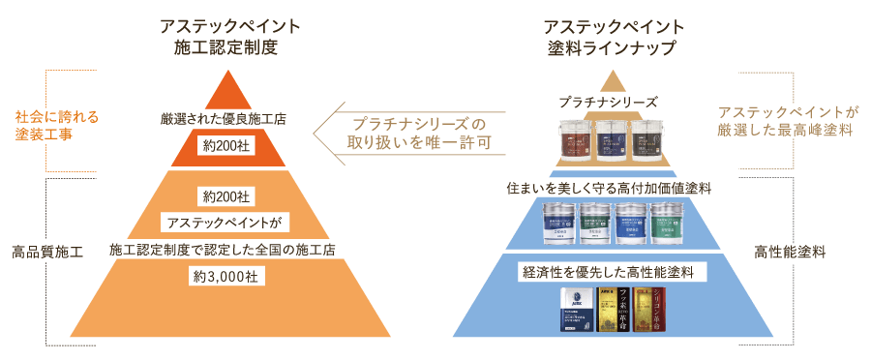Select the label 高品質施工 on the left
47,252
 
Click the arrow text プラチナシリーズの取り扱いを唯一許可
418,133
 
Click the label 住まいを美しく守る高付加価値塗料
609,188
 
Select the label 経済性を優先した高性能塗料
610,270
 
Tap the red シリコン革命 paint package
648,310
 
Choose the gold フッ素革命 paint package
614,310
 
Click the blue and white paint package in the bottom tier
577,310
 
